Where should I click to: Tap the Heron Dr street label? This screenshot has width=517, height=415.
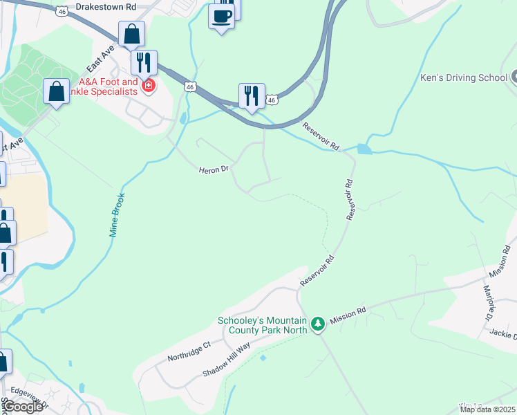tap(213, 169)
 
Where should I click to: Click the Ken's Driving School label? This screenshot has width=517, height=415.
tap(464, 77)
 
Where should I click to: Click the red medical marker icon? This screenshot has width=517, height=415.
tap(148, 86)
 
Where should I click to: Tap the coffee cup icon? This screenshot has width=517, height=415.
tap(221, 16)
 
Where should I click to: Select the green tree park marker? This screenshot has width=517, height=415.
tap(318, 324)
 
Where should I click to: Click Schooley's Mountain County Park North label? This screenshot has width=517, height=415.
tap(261, 325)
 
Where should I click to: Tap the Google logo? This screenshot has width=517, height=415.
tap(22, 407)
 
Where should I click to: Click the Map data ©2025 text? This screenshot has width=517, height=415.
tap(488, 409)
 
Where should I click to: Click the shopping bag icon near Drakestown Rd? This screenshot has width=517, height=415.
tap(131, 34)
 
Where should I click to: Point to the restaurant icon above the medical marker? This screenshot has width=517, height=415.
tap(144, 63)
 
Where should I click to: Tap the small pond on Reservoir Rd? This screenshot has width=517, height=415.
tap(364, 149)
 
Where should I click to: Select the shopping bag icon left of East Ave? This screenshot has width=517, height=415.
tap(56, 92)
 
